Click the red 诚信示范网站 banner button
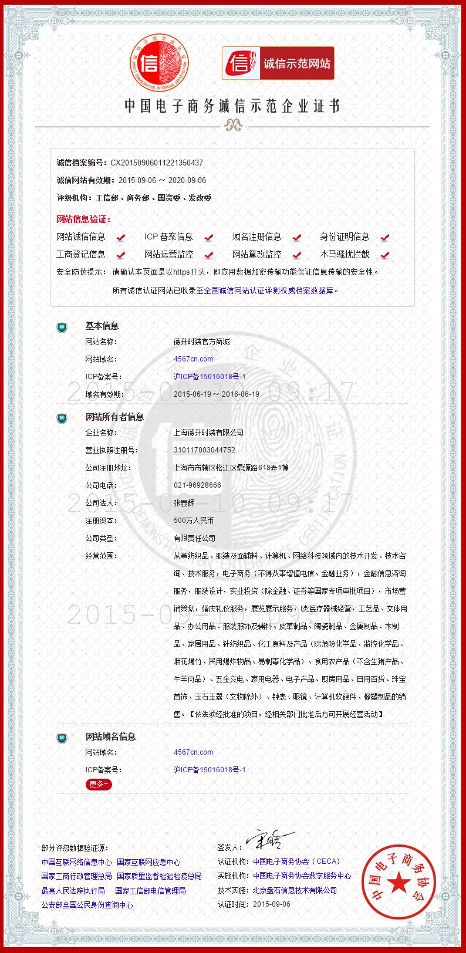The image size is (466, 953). tap(278, 63)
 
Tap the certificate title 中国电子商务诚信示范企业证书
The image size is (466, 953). tap(232, 106)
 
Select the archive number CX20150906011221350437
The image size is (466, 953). tap(157, 163)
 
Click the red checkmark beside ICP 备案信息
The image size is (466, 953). tap(208, 237)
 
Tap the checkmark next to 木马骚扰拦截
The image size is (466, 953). tap(384, 255)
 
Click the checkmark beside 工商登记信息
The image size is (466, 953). tap(121, 255)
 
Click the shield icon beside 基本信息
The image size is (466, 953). tap(62, 326)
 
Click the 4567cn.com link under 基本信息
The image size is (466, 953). tap(193, 359)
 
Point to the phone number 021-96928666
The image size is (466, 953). tap(197, 485)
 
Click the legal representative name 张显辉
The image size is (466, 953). tap(184, 503)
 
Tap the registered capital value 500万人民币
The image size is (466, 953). tap(193, 521)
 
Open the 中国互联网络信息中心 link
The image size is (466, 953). tap(76, 862)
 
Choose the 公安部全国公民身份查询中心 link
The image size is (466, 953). tap(87, 905)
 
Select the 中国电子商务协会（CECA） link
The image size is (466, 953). tap(296, 861)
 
